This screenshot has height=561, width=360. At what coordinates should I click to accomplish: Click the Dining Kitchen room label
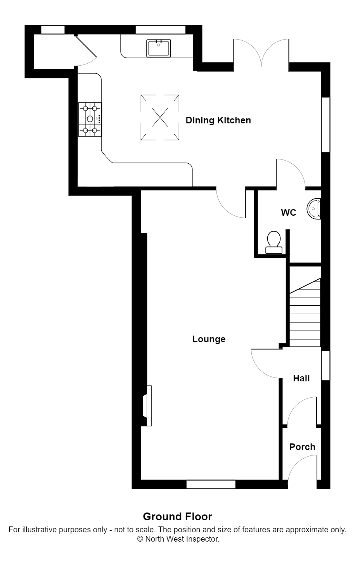point(218,120)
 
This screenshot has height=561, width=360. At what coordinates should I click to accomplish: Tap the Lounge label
point(209,339)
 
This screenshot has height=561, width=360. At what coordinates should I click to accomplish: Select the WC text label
point(288,213)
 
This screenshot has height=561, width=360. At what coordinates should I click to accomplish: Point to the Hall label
point(301,378)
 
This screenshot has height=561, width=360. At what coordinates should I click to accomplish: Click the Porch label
point(302,447)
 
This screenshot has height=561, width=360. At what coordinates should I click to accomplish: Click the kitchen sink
point(159,48)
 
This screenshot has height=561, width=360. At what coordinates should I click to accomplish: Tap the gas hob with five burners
point(90,119)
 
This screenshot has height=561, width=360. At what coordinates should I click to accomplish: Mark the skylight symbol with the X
point(160,117)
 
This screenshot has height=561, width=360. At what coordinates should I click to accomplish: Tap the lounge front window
point(211,484)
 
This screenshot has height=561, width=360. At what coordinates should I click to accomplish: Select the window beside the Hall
point(325,365)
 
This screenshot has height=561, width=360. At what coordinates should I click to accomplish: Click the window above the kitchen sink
point(160,29)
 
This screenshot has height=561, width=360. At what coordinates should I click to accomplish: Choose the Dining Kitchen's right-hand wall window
point(325,125)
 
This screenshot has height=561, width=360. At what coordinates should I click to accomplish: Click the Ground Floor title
point(177,516)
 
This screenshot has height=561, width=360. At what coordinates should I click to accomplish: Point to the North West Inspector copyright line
point(178,539)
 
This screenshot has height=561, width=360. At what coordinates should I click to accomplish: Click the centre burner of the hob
point(90,119)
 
